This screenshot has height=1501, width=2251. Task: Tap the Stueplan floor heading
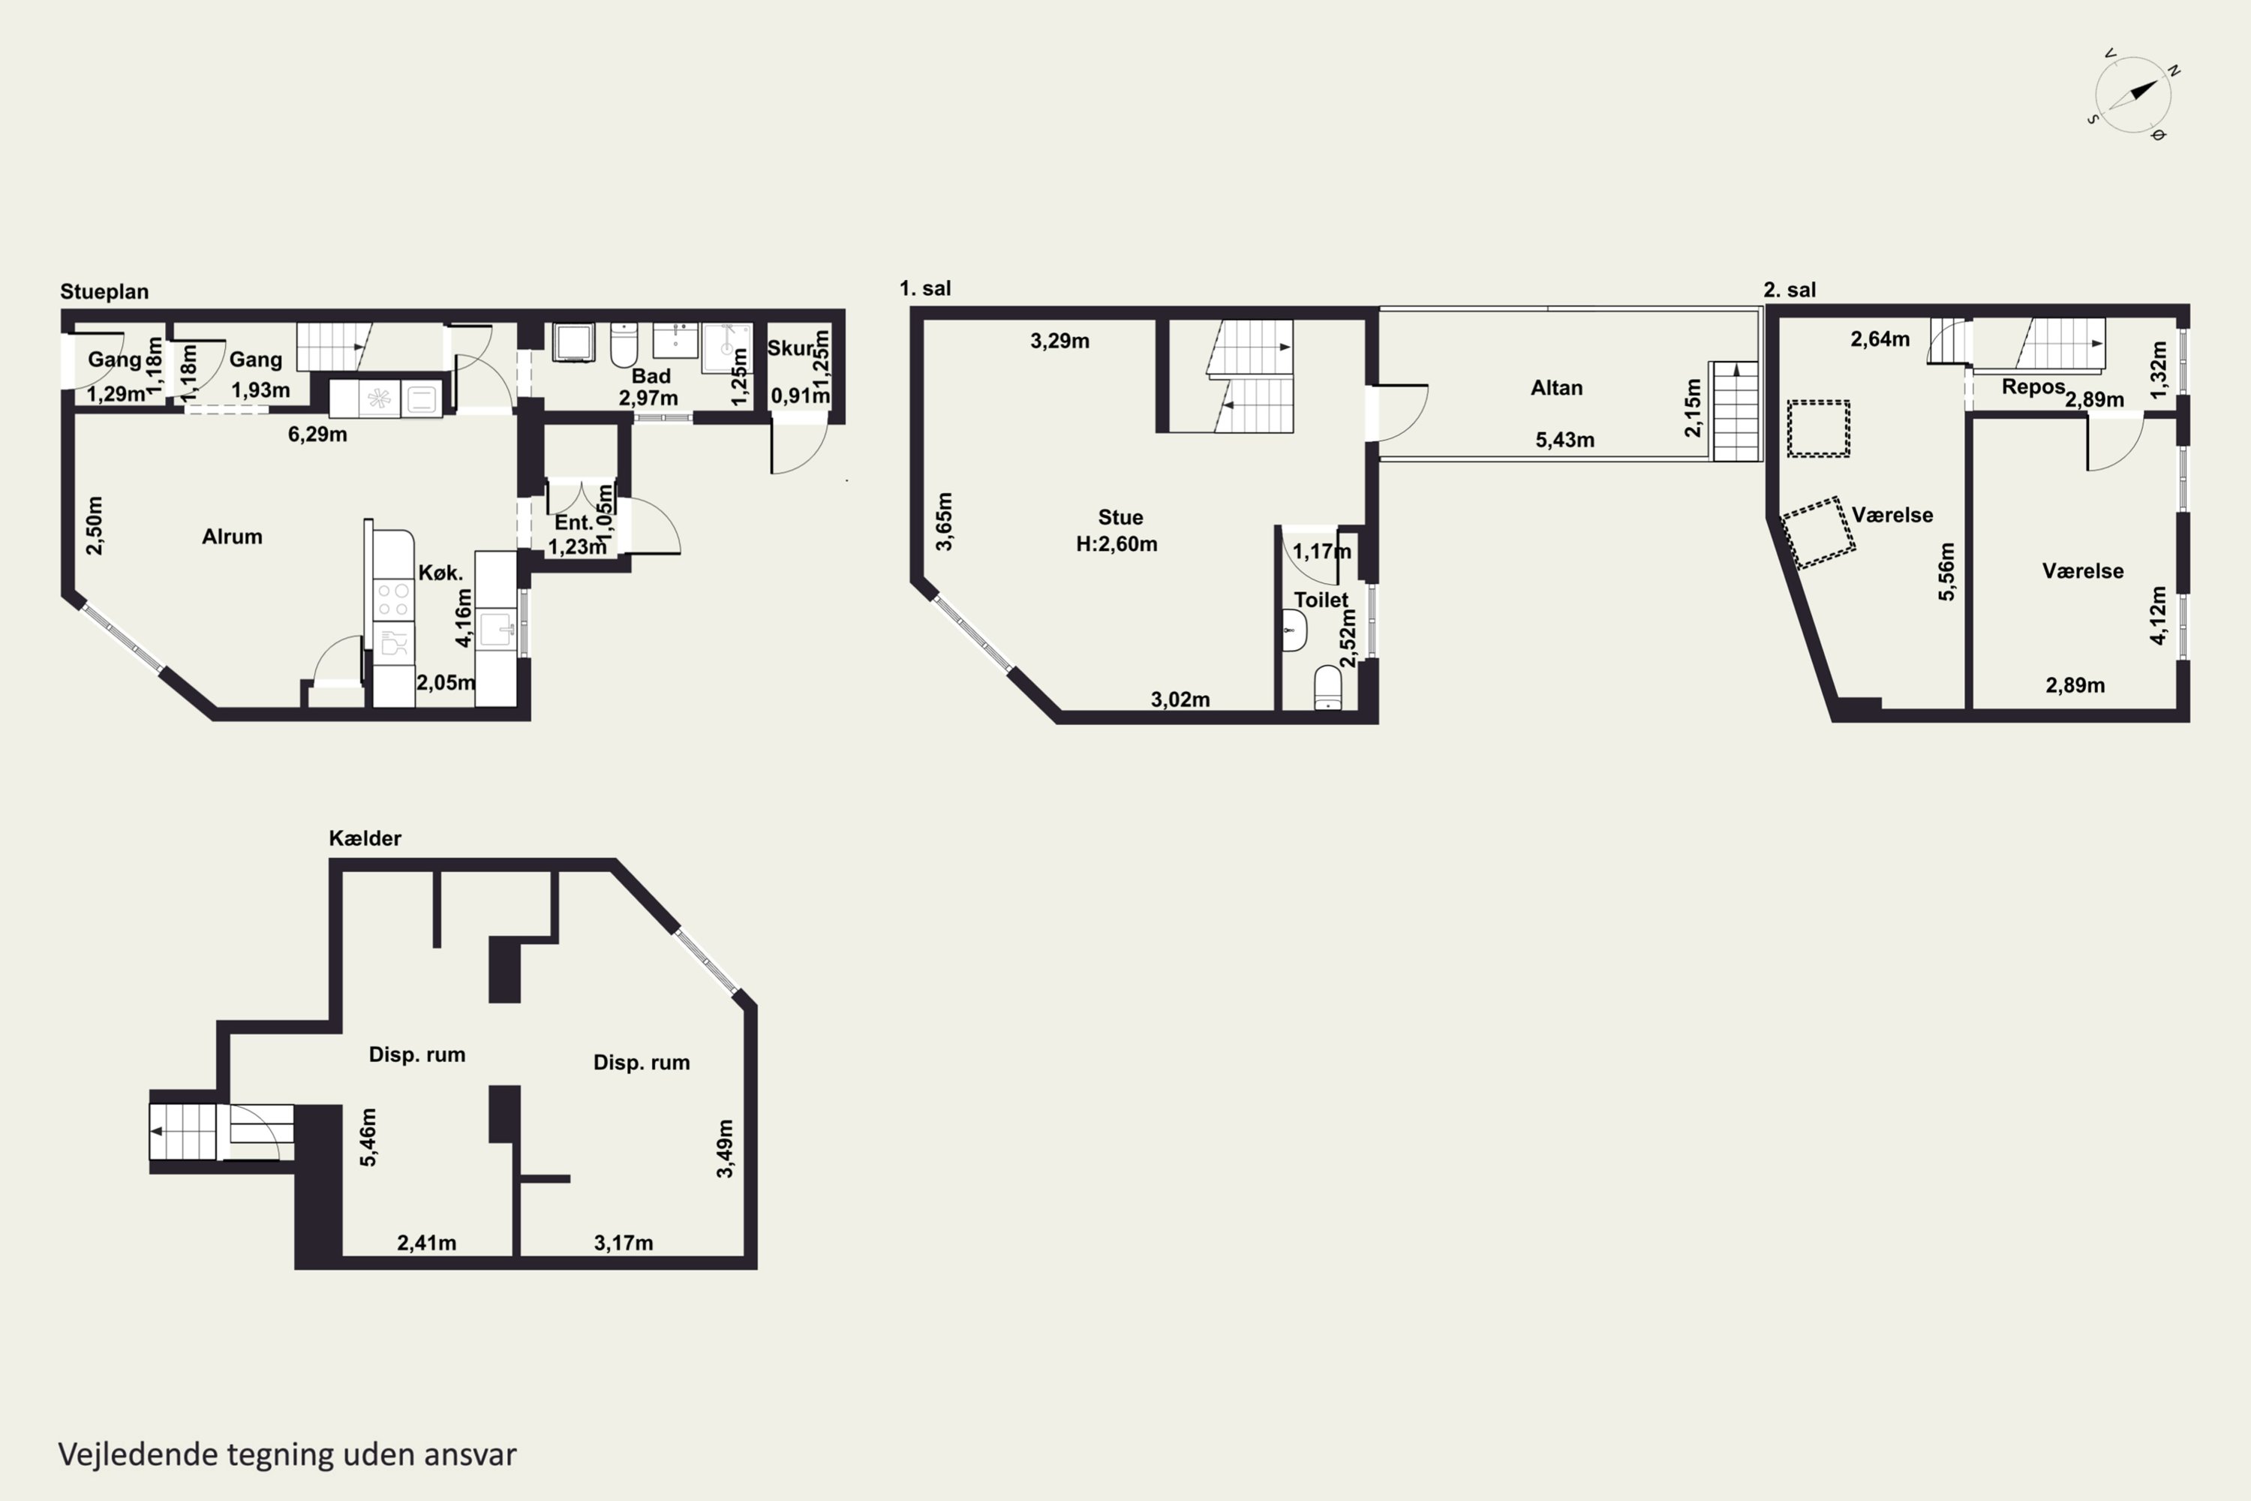104,291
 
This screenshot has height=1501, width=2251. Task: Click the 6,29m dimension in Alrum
317,435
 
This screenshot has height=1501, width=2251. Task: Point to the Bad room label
651,376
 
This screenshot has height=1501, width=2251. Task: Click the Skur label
791,347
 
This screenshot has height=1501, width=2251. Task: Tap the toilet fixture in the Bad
623,345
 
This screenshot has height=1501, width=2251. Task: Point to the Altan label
1556,388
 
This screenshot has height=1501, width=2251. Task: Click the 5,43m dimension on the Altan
1564,441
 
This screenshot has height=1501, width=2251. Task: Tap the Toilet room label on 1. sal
1321,600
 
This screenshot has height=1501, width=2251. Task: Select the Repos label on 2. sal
2033,388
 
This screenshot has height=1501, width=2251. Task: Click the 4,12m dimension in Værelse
2158,615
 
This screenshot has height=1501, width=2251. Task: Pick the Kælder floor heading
365,838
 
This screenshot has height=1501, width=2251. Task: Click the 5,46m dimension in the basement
368,1137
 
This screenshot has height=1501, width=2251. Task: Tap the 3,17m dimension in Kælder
624,1243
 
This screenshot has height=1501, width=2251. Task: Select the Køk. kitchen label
440,573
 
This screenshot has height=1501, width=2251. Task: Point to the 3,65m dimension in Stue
944,522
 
